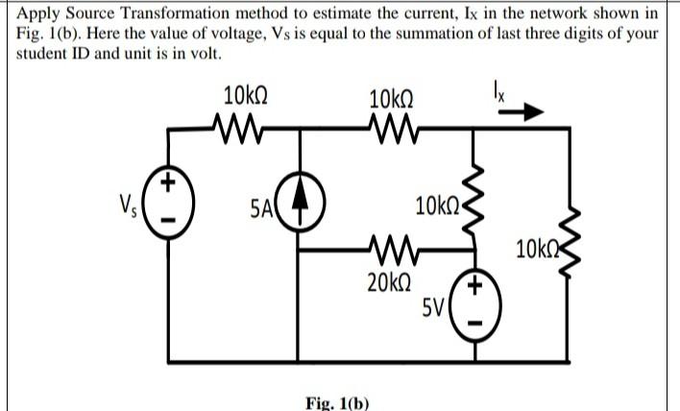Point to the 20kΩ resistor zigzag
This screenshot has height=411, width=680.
pos(389,253)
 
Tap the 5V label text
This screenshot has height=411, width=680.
pos(435,308)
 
